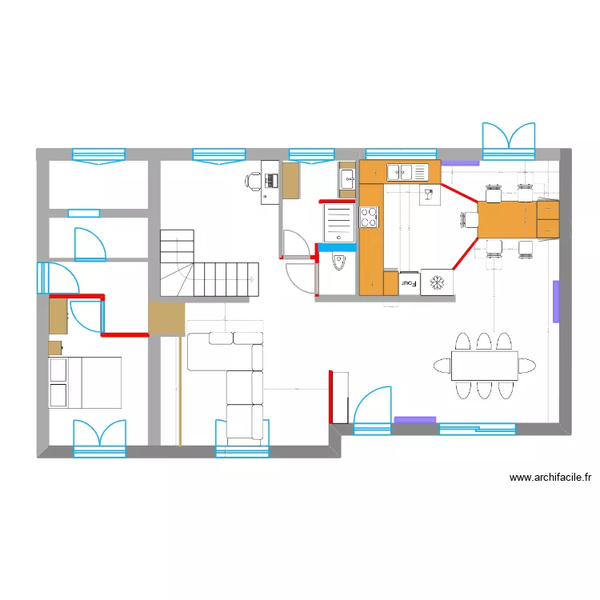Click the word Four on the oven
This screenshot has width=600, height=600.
408,282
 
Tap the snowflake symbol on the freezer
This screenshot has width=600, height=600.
437,282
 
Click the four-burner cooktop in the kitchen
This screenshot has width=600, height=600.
369,217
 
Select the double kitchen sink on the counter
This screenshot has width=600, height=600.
406,171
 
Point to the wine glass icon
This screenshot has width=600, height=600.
428,193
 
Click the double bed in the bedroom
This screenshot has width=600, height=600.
85,382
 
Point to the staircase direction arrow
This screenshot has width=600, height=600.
252,278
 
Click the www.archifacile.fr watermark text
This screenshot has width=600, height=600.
550,478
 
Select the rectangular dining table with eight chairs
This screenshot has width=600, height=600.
484,366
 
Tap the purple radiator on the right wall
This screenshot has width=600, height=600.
556,301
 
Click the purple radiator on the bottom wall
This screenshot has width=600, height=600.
415,419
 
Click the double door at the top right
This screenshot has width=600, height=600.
509,137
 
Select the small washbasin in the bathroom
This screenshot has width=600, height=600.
347,178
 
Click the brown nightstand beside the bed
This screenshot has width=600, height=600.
55,347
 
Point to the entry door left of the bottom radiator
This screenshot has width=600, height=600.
372,410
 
